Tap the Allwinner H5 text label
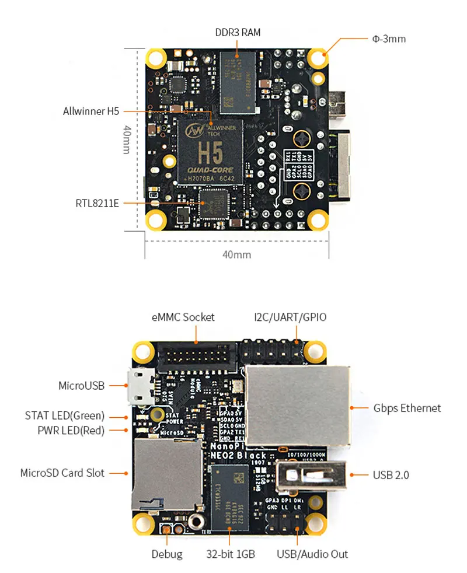click(90, 111)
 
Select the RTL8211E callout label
click(97, 203)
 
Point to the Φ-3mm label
click(389, 39)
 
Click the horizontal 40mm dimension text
click(238, 254)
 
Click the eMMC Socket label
click(183, 317)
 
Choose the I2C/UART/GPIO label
click(290, 317)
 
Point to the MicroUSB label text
click(81, 385)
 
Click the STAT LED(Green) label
click(64, 416)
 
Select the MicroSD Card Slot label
click(62, 473)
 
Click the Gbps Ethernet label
click(407, 408)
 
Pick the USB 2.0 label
click(391, 474)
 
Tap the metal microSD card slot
click(157, 473)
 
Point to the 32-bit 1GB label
click(229, 554)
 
